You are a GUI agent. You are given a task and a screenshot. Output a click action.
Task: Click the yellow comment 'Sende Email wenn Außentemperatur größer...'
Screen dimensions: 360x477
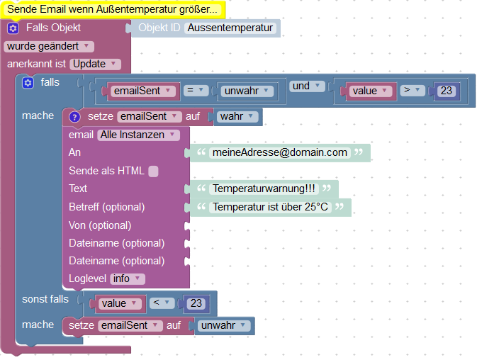(113, 9)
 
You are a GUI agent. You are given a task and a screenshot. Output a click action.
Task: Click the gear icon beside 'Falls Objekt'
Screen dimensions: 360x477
(13, 28)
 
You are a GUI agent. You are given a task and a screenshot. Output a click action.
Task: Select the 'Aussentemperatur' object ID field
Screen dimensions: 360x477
(230, 28)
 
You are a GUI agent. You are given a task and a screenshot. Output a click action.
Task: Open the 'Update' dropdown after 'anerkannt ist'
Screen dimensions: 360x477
(95, 64)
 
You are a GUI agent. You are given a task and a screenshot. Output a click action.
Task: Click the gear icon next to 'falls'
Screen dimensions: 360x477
(28, 83)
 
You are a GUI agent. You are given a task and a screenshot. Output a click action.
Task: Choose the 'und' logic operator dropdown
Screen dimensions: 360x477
(307, 86)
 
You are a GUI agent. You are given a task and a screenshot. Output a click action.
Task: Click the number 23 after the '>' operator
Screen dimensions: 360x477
(446, 91)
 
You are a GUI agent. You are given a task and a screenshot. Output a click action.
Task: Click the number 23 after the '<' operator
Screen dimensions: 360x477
(196, 303)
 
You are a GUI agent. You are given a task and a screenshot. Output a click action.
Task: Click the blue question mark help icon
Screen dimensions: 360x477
(74, 116)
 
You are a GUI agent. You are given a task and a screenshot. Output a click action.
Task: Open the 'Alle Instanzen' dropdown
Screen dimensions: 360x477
(138, 135)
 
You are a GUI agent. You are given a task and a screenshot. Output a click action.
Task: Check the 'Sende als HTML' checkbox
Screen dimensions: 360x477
(154, 171)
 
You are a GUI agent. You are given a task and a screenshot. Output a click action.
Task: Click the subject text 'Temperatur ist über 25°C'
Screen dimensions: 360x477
(271, 207)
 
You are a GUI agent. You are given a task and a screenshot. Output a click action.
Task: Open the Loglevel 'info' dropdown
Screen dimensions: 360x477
(128, 279)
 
